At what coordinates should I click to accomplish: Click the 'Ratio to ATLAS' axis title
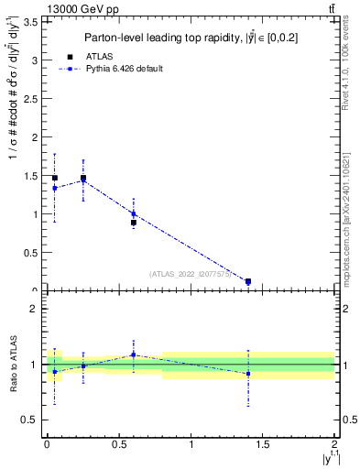point(13,365)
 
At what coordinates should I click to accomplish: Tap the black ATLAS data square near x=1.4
point(248,281)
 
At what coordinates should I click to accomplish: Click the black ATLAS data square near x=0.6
point(133,223)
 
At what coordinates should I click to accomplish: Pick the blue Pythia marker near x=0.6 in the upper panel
point(133,214)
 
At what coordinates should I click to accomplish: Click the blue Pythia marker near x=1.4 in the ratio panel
point(248,374)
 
